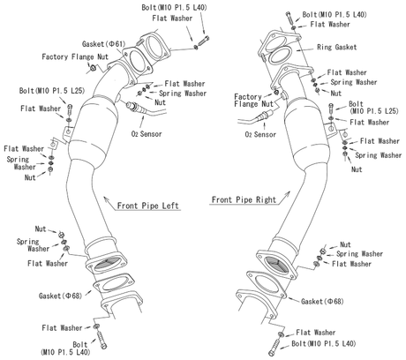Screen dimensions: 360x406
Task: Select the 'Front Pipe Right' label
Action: click(243, 199)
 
